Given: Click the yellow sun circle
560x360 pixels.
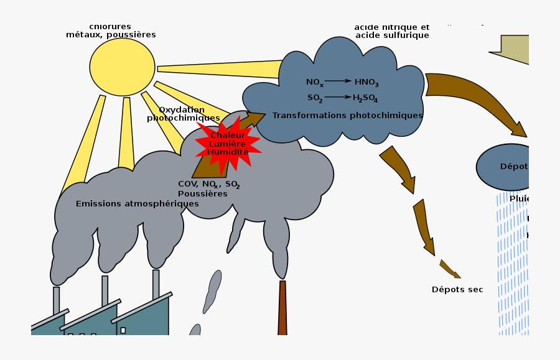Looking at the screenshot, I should [122, 67].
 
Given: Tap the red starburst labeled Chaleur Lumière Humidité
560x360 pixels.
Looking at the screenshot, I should [227, 144].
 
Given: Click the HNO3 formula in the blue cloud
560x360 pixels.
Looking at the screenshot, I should [366, 82].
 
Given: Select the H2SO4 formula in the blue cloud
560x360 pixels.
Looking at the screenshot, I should [365, 98].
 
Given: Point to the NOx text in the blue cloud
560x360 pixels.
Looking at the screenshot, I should [314, 82].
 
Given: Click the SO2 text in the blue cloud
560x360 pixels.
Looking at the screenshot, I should [314, 98].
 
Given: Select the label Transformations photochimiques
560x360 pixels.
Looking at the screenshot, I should [347, 116].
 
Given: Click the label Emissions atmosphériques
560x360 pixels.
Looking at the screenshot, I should [137, 204].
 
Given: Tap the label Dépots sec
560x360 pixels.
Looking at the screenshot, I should [457, 290].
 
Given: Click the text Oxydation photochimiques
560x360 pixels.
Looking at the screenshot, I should [183, 114].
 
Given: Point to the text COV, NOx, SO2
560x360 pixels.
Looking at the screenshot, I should [208, 185].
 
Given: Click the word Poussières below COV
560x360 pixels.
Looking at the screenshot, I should [202, 194].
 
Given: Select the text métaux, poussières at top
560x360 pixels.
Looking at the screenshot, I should [111, 35].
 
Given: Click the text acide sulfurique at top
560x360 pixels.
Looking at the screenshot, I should [392, 35].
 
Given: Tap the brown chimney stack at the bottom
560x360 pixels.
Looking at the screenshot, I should [282, 308].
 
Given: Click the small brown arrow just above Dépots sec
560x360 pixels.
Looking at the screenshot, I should [449, 269].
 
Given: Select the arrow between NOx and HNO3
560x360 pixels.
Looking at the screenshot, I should [338, 81].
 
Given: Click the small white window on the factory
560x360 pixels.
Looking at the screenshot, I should [123, 330].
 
